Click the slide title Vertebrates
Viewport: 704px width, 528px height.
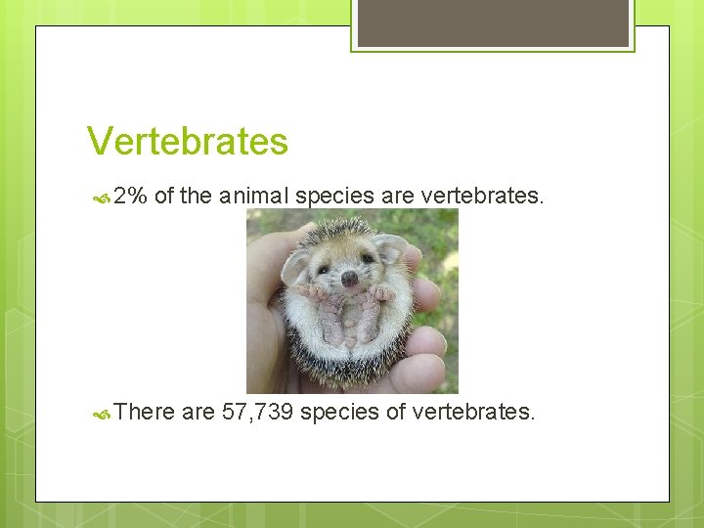pyautogui.click(x=187, y=142)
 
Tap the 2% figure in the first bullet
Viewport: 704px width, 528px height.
pyautogui.click(x=129, y=196)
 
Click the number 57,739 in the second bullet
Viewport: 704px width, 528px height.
pyautogui.click(x=256, y=412)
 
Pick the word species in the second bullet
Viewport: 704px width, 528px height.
pyautogui.click(x=339, y=412)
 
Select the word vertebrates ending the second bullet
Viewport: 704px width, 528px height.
pyautogui.click(x=473, y=412)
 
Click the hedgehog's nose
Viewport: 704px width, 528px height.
pyautogui.click(x=349, y=278)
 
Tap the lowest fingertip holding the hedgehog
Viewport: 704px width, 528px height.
pyautogui.click(x=420, y=372)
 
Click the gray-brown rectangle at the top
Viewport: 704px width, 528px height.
pyautogui.click(x=493, y=22)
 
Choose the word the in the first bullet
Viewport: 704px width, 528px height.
pyautogui.click(x=196, y=196)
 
